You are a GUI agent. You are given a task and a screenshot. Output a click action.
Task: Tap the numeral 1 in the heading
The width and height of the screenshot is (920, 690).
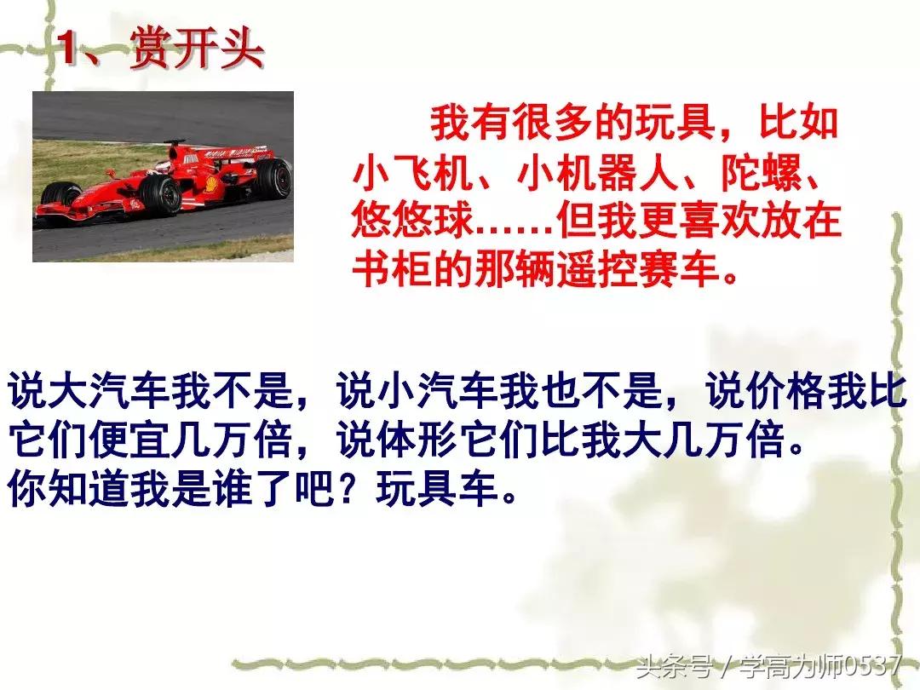point(71,50)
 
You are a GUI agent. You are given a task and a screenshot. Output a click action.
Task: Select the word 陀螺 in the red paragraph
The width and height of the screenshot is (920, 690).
point(759,178)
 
